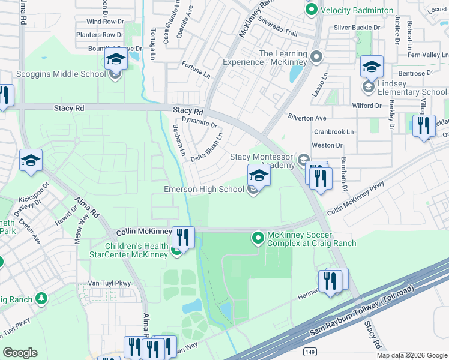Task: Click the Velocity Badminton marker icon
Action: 311,10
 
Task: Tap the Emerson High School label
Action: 204,190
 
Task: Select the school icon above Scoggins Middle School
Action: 116,59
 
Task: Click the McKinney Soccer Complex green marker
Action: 258,238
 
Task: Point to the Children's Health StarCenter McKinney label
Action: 136,250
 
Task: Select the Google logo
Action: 20,352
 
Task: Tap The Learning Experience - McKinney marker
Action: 317,58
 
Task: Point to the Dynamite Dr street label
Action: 199,123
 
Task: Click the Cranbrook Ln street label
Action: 334,131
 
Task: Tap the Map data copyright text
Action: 411,355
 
